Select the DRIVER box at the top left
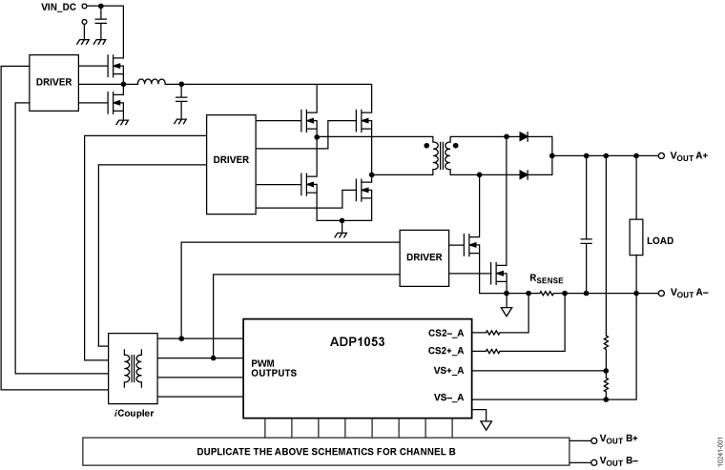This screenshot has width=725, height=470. (52, 82)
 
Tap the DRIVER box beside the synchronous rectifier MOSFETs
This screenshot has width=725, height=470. (424, 256)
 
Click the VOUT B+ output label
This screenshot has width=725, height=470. (624, 439)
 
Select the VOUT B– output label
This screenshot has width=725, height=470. (624, 461)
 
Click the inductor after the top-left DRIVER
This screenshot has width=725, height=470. (151, 83)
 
